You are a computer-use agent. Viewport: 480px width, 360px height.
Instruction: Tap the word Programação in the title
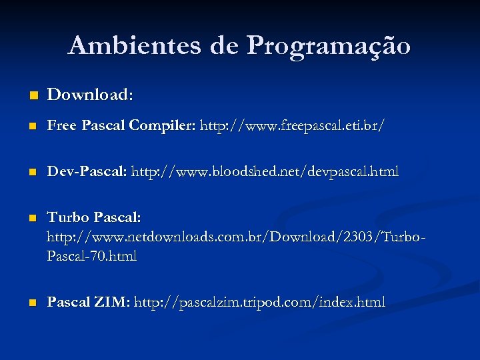point(329,47)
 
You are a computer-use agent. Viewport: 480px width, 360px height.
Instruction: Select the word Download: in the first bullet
point(90,95)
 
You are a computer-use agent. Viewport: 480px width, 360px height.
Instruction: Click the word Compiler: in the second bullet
point(163,125)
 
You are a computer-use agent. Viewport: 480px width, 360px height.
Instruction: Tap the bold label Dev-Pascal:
point(87,172)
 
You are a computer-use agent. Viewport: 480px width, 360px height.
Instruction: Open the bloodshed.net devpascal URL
point(265,172)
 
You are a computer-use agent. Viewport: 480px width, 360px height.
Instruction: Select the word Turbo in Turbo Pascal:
point(68,218)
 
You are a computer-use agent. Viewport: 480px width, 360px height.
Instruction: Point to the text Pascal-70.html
point(91,255)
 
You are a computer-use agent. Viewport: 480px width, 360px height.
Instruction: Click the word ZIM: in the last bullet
point(111,302)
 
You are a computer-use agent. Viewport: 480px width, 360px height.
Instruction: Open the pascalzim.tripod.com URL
point(259,302)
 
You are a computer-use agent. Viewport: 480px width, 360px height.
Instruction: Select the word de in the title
point(225,46)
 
